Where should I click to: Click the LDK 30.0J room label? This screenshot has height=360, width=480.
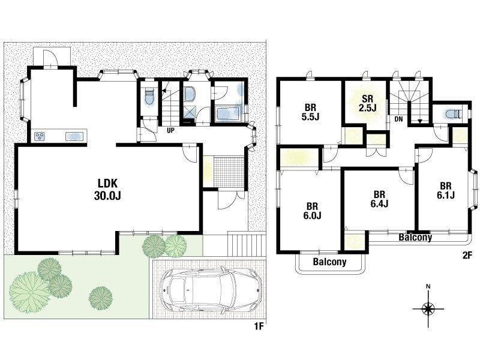[107, 189]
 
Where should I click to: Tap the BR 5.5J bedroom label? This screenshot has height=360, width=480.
[310, 112]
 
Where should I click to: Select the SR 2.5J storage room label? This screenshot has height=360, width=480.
[367, 103]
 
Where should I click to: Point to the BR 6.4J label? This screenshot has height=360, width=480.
[379, 199]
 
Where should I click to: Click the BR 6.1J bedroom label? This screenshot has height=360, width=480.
[446, 190]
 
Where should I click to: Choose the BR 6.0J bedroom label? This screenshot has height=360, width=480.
[312, 211]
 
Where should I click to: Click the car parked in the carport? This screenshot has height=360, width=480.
[212, 289]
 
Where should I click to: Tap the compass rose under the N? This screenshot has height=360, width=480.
[428, 308]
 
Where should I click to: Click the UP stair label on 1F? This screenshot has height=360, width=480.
[170, 130]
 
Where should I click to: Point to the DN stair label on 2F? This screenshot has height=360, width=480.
[398, 119]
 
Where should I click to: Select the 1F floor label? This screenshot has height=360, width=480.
[259, 326]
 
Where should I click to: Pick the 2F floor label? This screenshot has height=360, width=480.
[467, 256]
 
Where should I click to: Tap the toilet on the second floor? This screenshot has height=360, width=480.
[452, 114]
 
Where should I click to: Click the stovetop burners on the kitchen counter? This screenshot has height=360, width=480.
[40, 136]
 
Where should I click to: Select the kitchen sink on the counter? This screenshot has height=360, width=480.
[74, 136]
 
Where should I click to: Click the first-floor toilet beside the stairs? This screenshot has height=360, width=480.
[149, 95]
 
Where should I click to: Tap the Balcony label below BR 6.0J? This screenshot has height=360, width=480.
[329, 262]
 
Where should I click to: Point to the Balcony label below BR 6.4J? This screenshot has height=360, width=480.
[415, 237]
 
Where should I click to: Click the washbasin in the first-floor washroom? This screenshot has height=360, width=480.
[189, 95]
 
